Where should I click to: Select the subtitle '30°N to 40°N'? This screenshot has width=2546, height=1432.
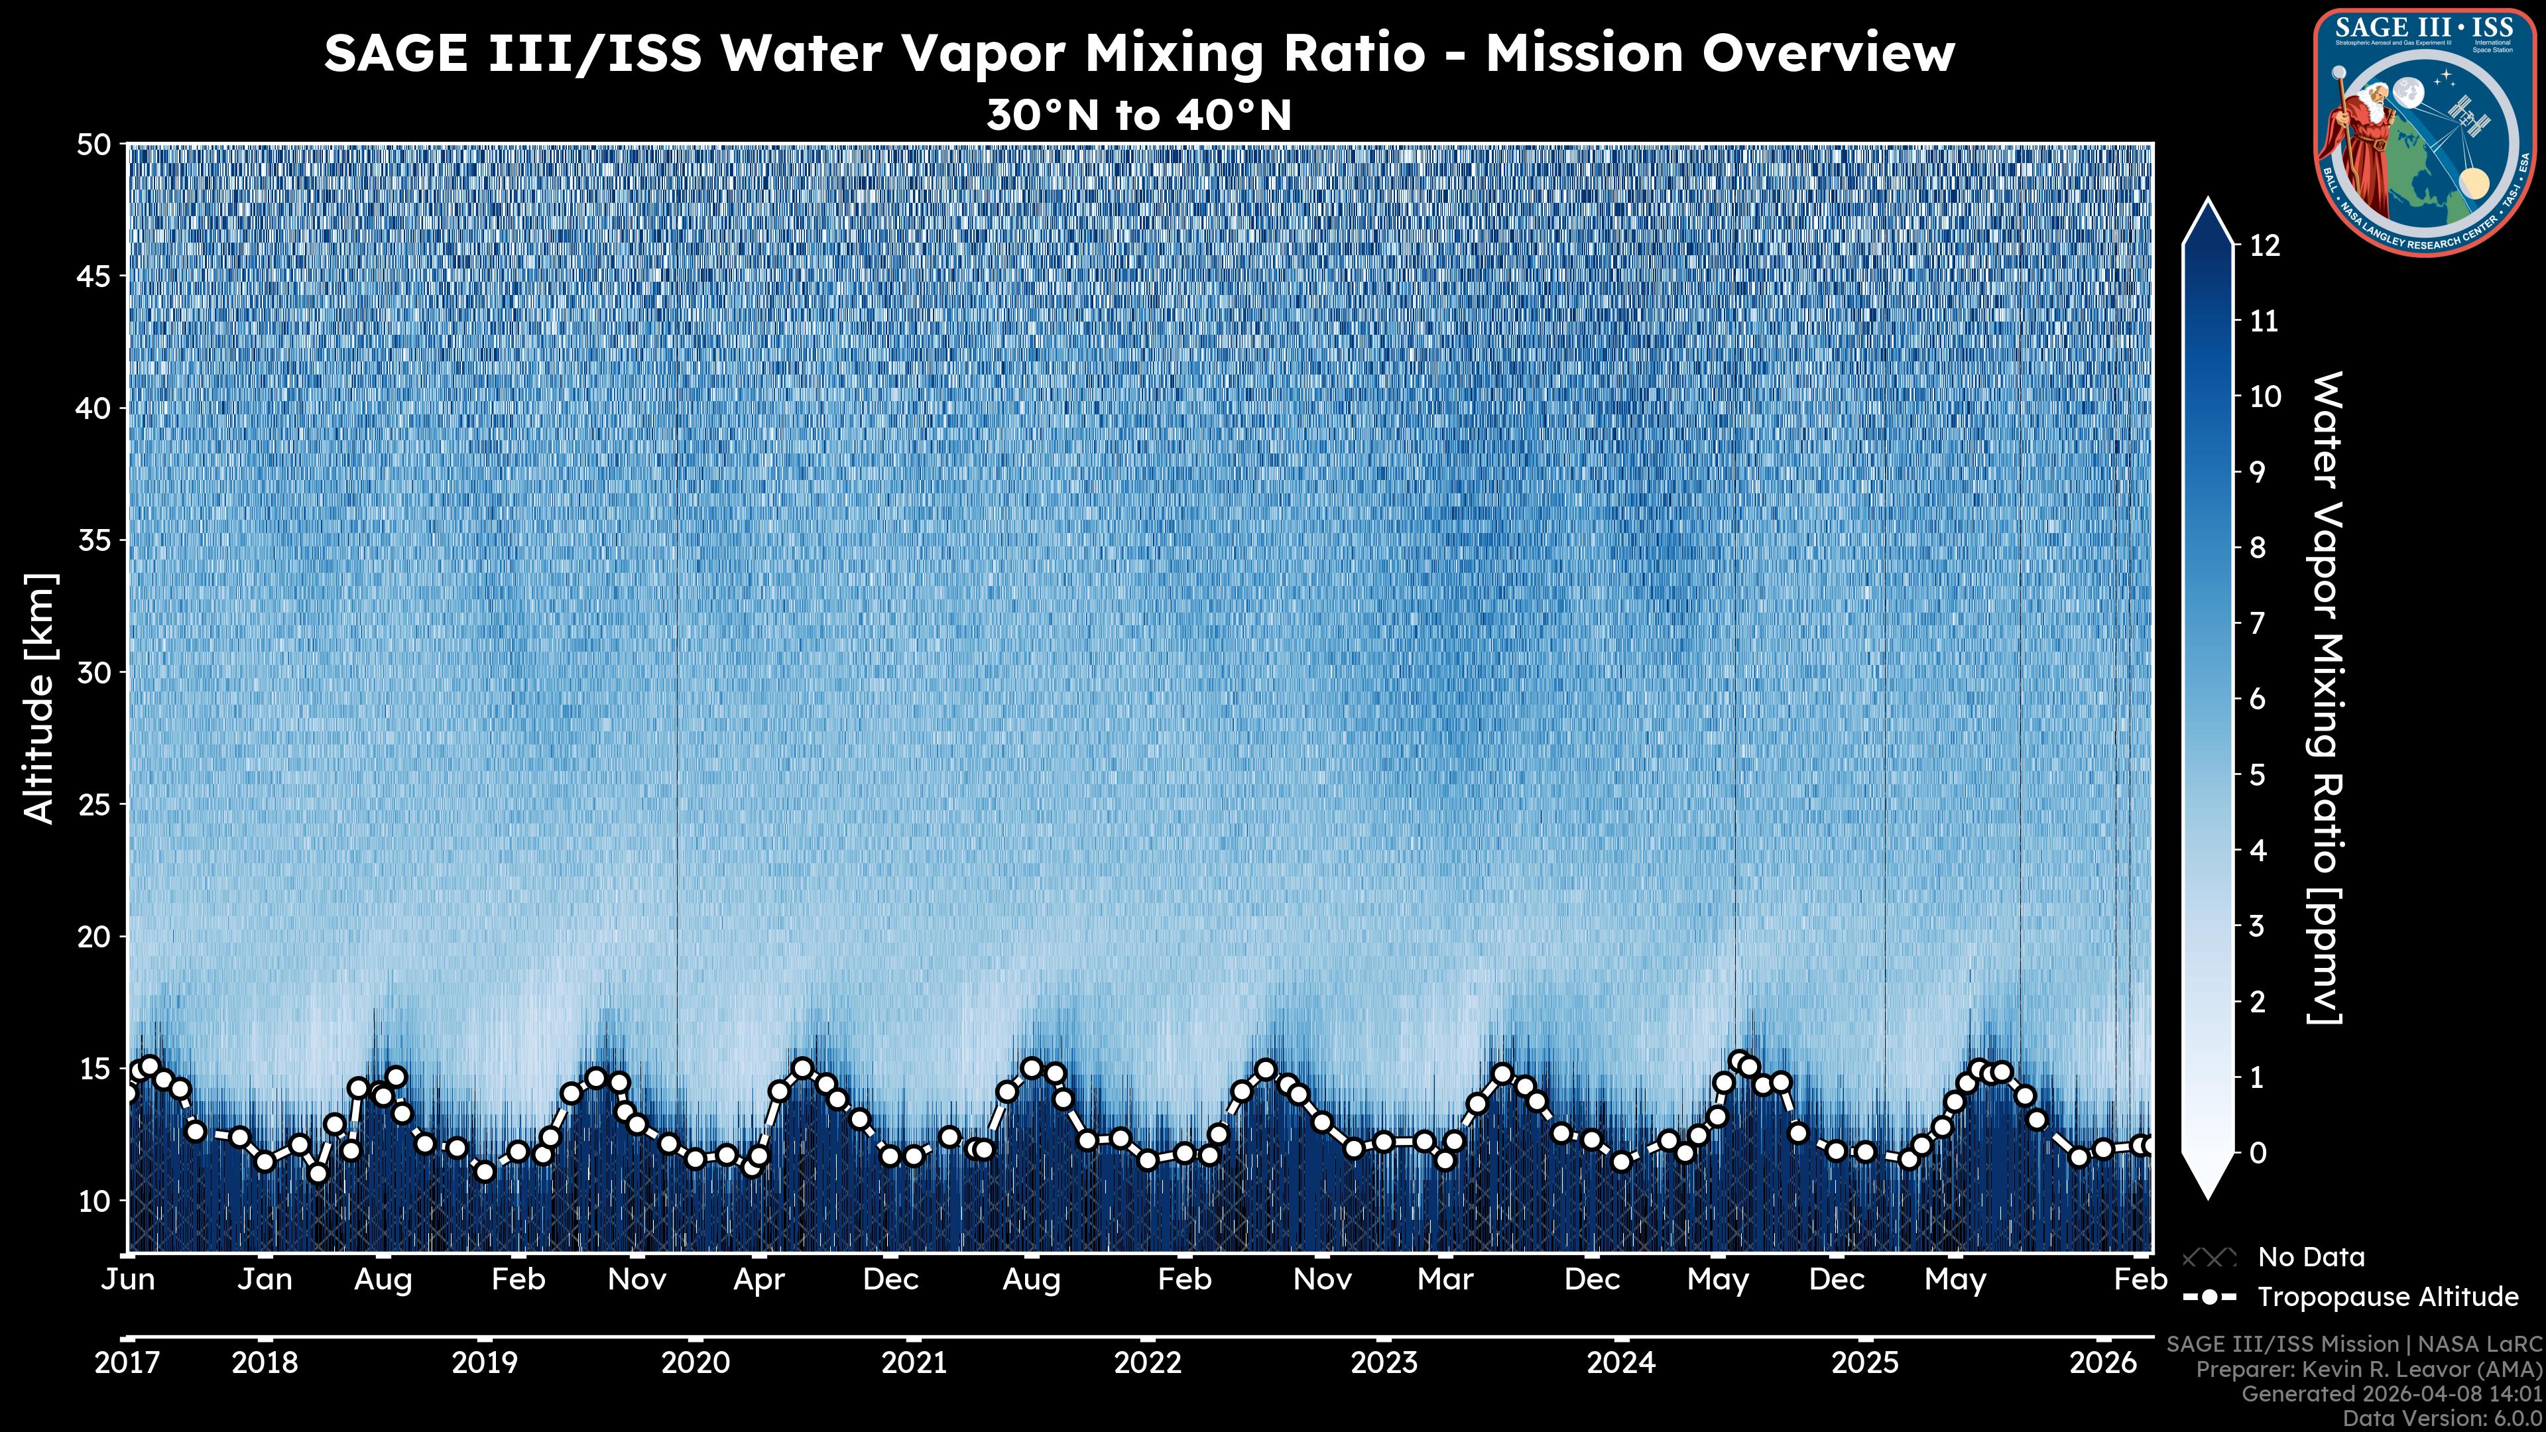tap(1138, 115)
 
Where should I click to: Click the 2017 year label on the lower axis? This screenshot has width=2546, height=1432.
tap(127, 1363)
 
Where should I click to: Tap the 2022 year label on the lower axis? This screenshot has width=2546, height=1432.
tap(1148, 1363)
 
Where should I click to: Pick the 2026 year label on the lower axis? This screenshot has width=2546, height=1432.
tap(2103, 1363)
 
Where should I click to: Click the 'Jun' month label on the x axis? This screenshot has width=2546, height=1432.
tap(129, 1280)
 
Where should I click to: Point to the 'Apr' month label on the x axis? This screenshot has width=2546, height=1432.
tap(759, 1280)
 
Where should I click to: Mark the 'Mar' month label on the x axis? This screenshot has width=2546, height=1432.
tap(1445, 1280)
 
